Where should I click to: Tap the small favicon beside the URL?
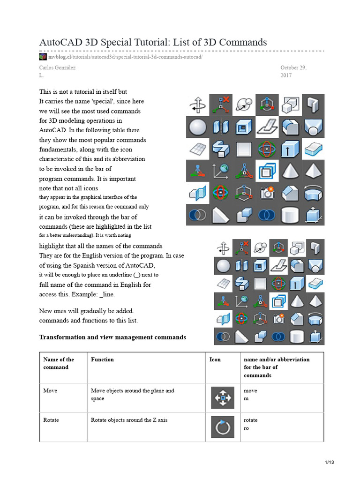click(x=43, y=57)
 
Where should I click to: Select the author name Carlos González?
click(x=58, y=67)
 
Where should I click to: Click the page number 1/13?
click(x=329, y=463)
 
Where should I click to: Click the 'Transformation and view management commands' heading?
click(x=112, y=337)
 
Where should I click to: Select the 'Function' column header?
click(x=102, y=360)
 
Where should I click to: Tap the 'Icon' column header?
click(x=215, y=360)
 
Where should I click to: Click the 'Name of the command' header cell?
click(x=59, y=363)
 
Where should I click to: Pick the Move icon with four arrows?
click(x=223, y=398)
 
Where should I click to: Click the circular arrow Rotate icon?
click(x=223, y=427)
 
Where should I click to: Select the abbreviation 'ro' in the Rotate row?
click(x=247, y=428)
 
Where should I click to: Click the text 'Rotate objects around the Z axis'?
click(x=129, y=420)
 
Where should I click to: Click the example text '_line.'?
click(x=104, y=294)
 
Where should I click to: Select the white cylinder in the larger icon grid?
click(x=290, y=215)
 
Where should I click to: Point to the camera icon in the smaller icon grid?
click(x=279, y=319)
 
